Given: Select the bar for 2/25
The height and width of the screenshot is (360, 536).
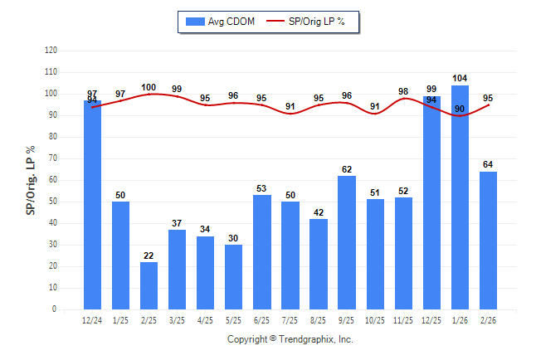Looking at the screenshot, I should [x=149, y=285].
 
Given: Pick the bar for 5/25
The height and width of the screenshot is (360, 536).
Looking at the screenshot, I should [x=233, y=277].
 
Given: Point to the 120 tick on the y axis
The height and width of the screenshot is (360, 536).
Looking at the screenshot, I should [x=51, y=51].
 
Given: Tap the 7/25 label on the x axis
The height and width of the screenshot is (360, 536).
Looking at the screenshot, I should [x=290, y=319].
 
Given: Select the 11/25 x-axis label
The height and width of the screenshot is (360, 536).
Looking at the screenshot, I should [x=403, y=319].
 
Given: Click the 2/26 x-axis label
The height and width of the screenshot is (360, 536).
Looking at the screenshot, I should [x=488, y=319].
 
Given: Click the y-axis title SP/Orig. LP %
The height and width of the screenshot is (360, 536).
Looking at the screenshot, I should [x=31, y=180].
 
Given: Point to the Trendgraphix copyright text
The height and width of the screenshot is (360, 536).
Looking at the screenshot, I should [x=290, y=339].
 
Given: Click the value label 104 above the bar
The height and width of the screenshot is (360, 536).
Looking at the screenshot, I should [x=460, y=78].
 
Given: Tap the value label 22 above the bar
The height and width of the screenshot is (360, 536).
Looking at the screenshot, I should [x=149, y=255].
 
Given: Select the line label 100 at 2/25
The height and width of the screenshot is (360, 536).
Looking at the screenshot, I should [x=149, y=87].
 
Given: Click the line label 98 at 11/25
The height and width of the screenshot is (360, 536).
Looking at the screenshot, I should [x=403, y=91].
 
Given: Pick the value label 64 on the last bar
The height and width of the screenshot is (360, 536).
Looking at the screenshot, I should [x=488, y=164].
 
